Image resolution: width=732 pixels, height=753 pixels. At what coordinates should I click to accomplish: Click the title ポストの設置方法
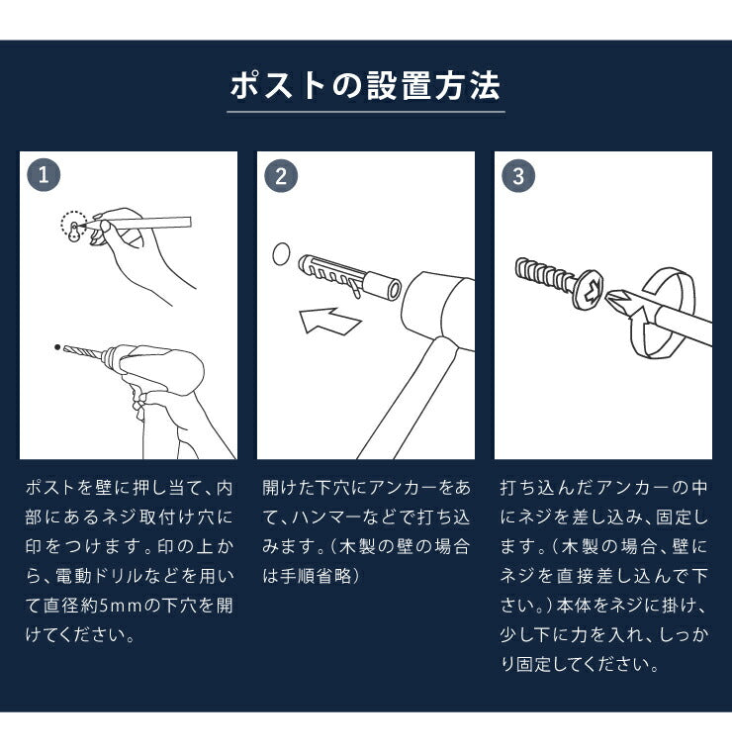pyautogui.click(x=365, y=86)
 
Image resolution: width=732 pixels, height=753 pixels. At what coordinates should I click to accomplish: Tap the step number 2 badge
pyautogui.click(x=281, y=176)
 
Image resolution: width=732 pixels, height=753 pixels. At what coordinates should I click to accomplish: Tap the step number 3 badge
pyautogui.click(x=518, y=176)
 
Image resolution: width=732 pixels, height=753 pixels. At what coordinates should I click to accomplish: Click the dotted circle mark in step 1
pyautogui.click(x=73, y=227)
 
